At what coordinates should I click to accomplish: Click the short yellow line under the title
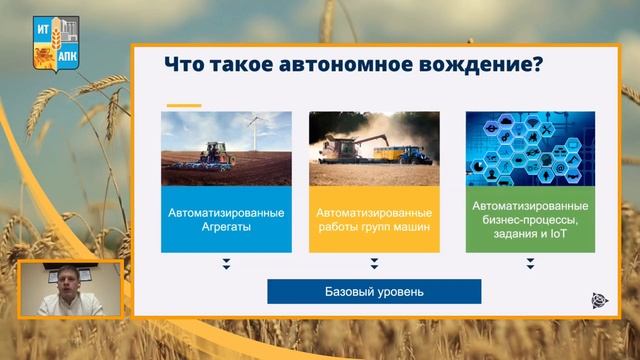184,104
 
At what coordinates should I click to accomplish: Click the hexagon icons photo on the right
530,147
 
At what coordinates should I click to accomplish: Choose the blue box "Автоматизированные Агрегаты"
226,220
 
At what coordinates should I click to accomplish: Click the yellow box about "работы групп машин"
374,220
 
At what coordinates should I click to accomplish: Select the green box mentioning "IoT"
530,220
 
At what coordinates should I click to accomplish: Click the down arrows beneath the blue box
226,265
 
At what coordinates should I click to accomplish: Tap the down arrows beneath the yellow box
374,265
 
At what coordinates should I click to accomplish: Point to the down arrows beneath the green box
530,265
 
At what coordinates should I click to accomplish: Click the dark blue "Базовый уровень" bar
374,292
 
